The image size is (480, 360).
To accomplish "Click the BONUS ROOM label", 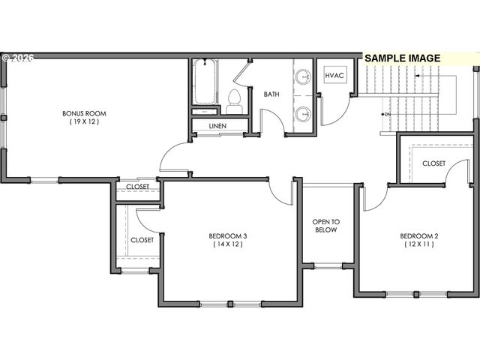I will [x=84, y=113].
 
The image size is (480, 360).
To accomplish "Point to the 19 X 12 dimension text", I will [x=84, y=121].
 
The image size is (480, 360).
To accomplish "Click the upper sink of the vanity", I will [x=303, y=76].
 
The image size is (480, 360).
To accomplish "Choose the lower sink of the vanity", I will [x=303, y=114].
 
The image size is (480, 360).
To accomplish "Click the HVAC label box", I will [x=333, y=76].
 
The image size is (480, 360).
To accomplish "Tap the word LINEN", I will [x=220, y=126].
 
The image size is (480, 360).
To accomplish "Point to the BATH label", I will [x=271, y=94].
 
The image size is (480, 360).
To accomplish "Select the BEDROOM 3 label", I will [x=228, y=236].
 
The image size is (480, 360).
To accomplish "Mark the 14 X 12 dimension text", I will [x=228, y=244].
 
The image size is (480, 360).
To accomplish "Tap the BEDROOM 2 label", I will [x=420, y=236].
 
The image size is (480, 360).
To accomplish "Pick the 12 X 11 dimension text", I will [x=420, y=244].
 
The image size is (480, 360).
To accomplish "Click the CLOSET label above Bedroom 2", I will [x=433, y=163].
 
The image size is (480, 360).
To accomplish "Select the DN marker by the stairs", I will [x=387, y=114].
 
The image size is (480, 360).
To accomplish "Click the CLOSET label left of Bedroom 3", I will [x=142, y=240].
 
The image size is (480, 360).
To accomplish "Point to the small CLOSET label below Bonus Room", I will [x=137, y=187].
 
